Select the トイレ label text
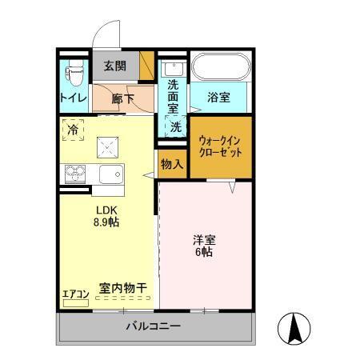point(73,98)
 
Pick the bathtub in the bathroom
point(222,69)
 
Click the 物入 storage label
point(172,164)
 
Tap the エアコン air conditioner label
point(76,294)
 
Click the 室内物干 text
point(123,288)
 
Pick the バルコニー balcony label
point(153,326)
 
